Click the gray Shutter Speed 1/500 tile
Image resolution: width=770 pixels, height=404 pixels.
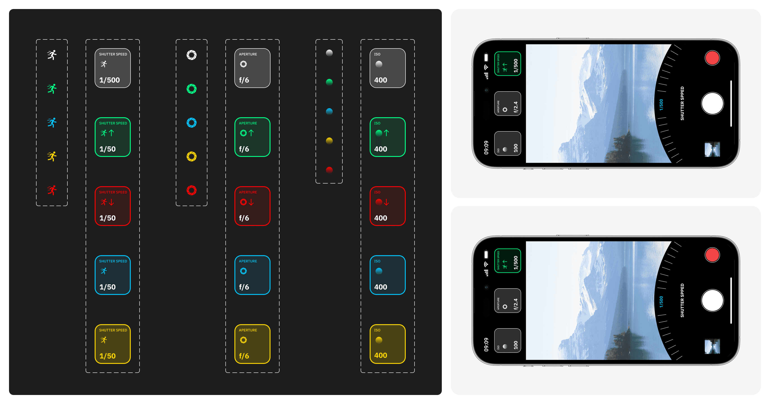[x=113, y=68]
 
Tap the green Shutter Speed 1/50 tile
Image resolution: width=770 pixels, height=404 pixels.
[x=113, y=137]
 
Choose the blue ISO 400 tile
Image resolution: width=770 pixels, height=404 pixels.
[x=387, y=275]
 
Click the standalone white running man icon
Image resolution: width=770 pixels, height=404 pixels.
[x=52, y=55]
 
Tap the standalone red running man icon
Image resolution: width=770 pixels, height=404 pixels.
[x=52, y=190]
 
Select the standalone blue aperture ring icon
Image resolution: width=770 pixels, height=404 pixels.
[x=192, y=123]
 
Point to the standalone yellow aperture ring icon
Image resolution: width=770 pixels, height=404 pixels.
[x=192, y=156]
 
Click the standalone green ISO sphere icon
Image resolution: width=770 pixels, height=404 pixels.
[x=329, y=82]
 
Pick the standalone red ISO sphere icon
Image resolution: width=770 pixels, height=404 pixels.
[x=329, y=170]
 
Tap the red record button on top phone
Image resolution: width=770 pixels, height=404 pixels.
[x=712, y=58]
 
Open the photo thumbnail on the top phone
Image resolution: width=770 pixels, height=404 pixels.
[x=712, y=149]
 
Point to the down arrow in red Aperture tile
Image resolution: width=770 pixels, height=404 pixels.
[x=251, y=202]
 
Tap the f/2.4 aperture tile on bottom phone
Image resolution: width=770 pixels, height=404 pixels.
[x=508, y=301]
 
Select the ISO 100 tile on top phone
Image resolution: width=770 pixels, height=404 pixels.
[x=508, y=144]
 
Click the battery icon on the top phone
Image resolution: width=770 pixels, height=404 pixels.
[x=486, y=57]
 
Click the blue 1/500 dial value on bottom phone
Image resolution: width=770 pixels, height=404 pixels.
[x=661, y=302]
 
